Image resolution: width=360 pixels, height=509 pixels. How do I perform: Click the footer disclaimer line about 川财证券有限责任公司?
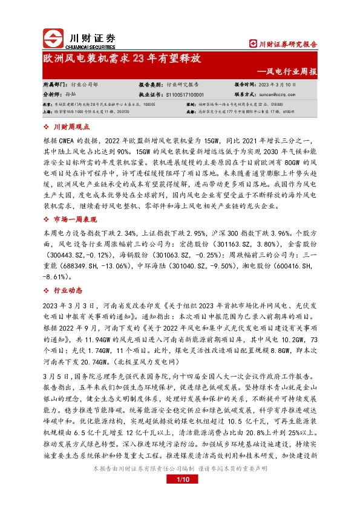tap(180, 468)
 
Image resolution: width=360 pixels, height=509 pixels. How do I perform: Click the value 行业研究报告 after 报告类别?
tap(186, 85)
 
